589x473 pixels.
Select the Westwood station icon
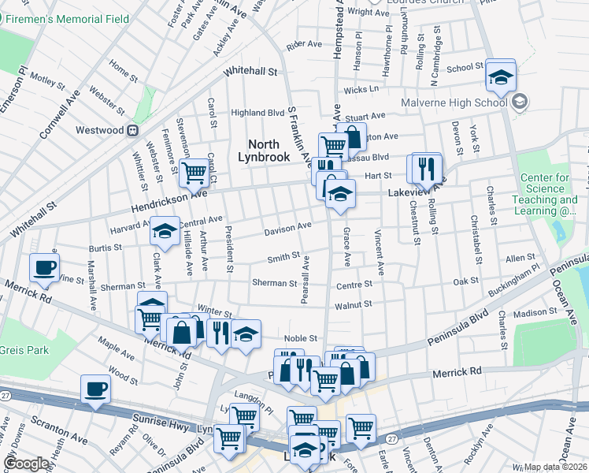(x=133, y=129)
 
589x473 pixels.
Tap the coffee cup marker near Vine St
(x=44, y=266)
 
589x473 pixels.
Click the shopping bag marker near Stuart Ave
(x=352, y=136)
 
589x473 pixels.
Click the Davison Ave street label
(x=287, y=228)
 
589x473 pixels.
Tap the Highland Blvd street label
(x=257, y=113)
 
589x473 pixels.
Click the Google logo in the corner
(x=26, y=464)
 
